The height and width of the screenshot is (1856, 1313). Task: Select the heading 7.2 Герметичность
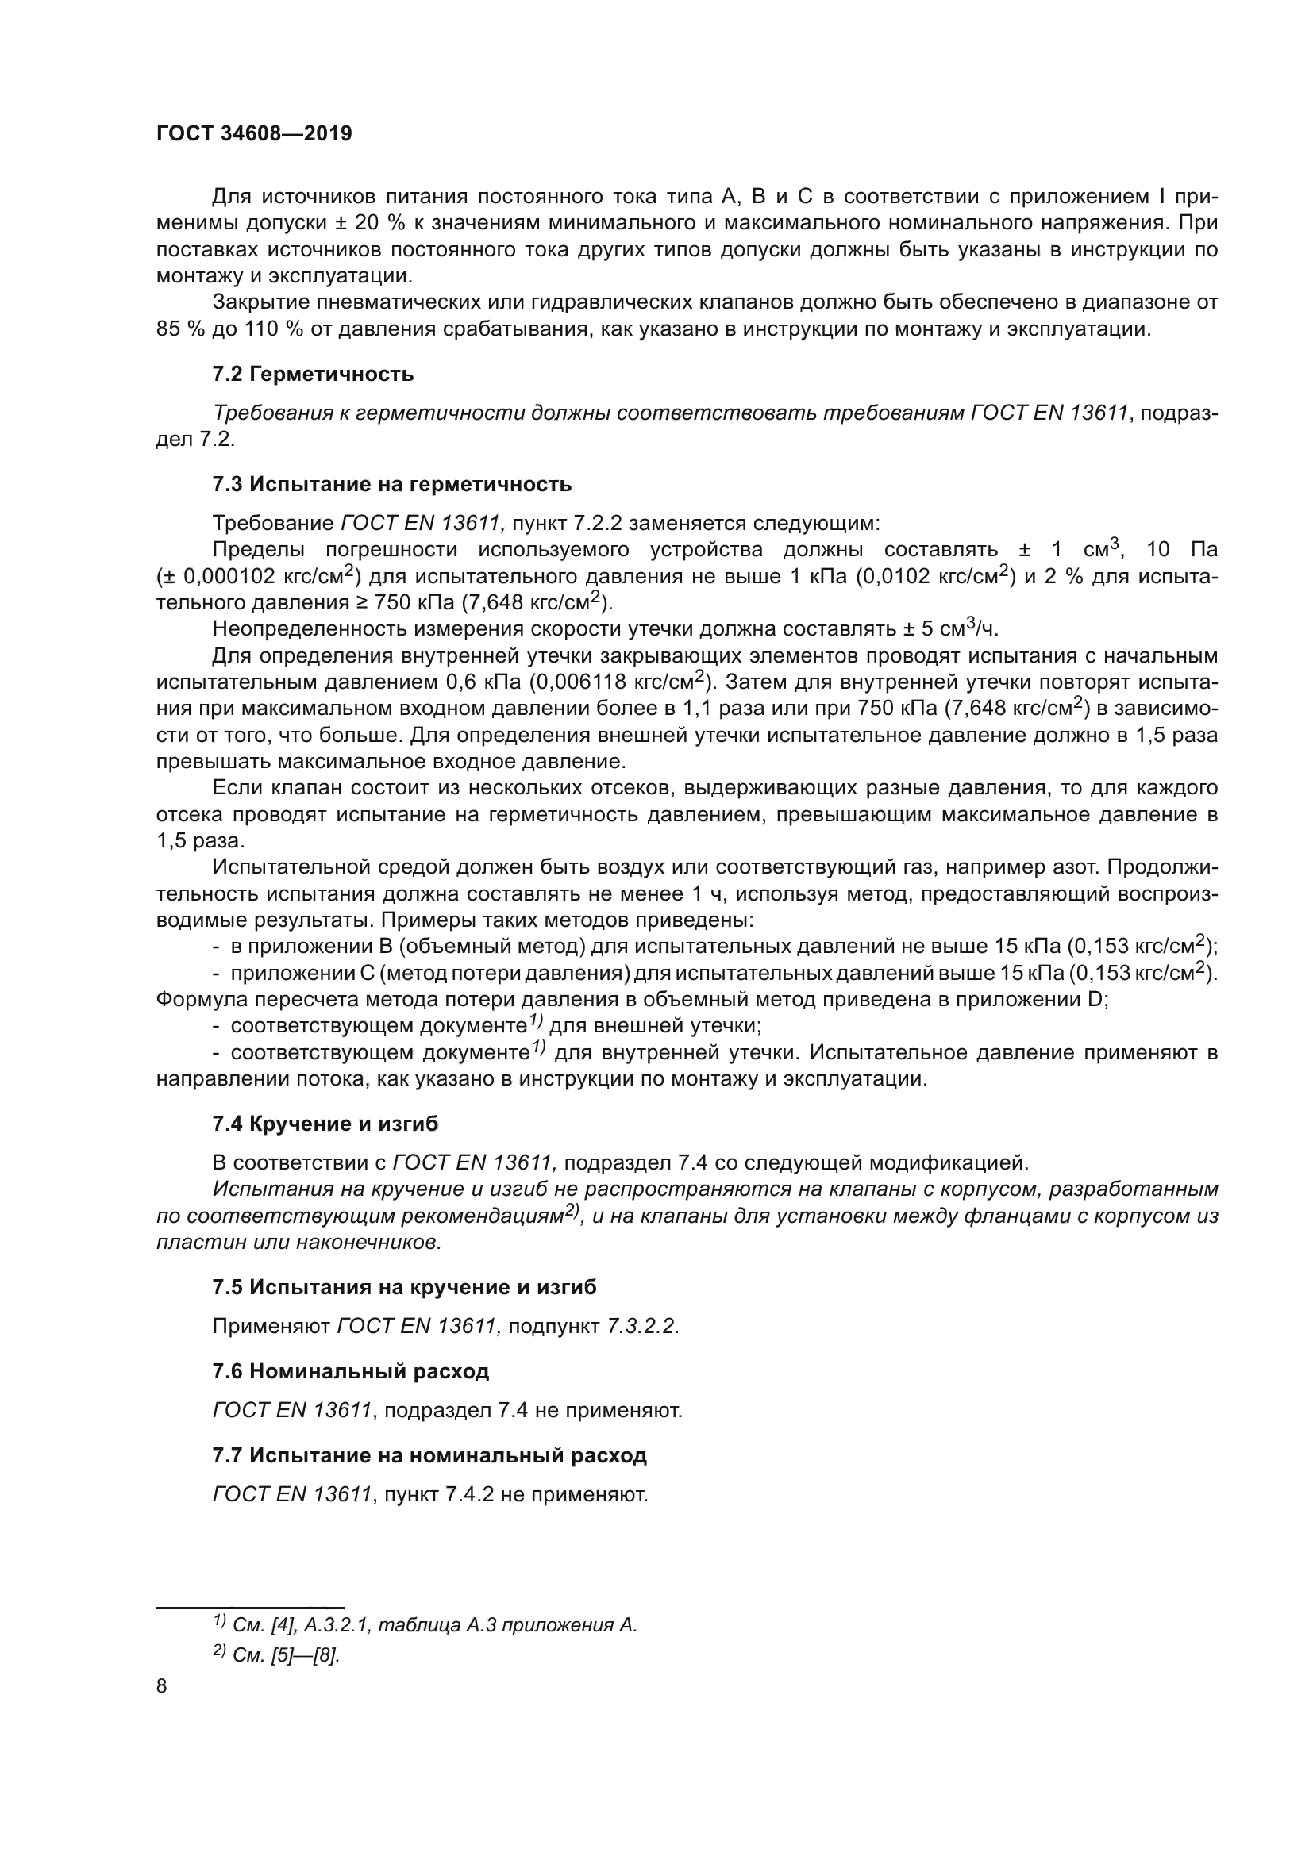[x=313, y=375]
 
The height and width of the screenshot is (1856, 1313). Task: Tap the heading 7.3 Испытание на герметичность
[x=391, y=484]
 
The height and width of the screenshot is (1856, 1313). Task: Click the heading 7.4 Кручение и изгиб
[x=325, y=1124]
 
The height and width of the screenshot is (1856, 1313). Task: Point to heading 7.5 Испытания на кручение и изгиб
[x=404, y=1287]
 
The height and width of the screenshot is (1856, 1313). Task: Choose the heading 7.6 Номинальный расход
[x=350, y=1371]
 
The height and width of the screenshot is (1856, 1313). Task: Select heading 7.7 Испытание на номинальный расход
[x=429, y=1455]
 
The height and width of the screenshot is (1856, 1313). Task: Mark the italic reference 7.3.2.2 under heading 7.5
[x=641, y=1327]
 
